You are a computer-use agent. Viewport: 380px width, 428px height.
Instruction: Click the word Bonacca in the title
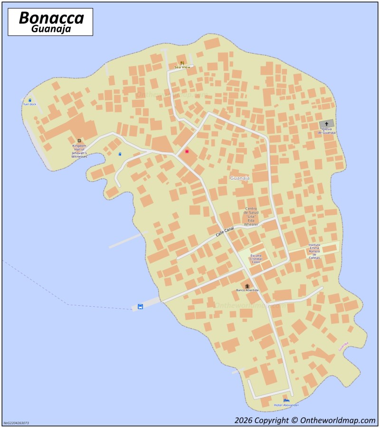51,18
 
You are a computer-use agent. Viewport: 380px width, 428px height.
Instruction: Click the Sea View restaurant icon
182,63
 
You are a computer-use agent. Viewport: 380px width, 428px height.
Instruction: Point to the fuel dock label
29,104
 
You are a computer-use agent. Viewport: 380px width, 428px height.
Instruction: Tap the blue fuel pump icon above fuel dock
29,100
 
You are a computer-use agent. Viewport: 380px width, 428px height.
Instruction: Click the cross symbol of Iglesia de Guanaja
326,124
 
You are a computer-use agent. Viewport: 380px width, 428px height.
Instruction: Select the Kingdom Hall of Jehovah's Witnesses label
79,151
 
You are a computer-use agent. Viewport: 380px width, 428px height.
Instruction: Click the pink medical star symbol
187,151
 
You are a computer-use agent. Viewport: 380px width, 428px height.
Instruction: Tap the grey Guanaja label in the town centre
239,178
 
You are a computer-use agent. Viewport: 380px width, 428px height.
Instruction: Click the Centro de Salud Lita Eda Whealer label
251,216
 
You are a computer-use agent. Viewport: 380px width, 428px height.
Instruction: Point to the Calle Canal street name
225,232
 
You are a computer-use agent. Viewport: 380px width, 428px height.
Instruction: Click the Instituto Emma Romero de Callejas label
314,251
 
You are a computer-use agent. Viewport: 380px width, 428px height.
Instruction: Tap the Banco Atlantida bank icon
247,286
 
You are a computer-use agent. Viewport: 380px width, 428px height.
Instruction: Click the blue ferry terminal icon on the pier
140,306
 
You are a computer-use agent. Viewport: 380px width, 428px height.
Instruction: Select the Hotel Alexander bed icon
286,400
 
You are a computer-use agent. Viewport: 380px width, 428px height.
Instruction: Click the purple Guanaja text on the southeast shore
343,346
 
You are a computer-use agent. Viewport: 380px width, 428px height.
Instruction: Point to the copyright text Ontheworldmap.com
304,420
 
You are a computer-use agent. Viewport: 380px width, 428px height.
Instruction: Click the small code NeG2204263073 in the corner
16,423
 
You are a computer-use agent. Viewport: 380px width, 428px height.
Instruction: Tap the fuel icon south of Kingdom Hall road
120,154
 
